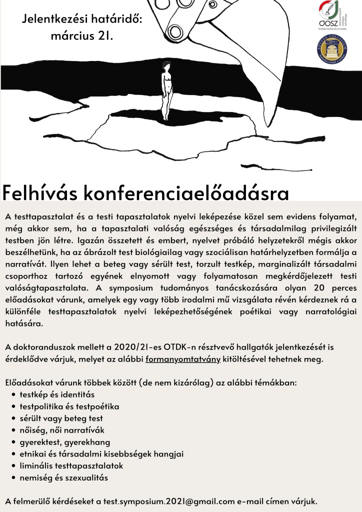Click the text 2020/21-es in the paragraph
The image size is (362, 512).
click(143, 347)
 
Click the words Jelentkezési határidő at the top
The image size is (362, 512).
click(82, 20)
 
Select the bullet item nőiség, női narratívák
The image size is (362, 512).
click(61, 430)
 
